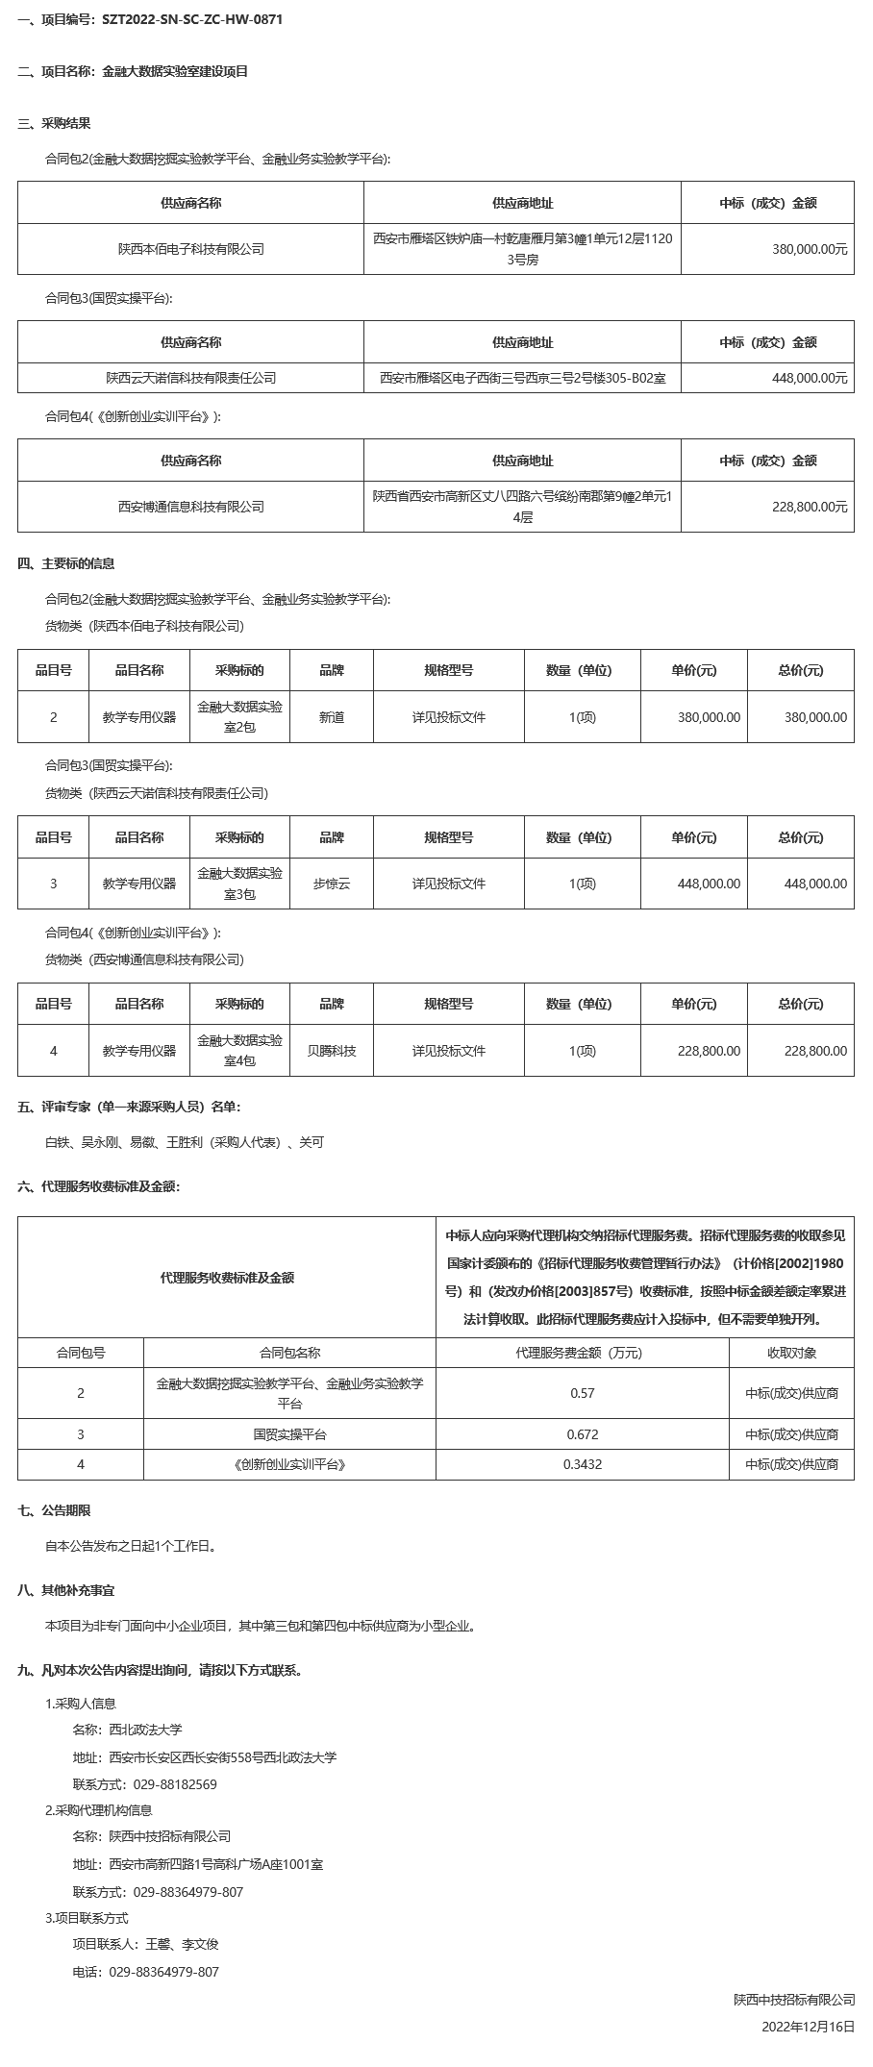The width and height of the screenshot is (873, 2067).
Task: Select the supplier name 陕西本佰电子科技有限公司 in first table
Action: point(190,249)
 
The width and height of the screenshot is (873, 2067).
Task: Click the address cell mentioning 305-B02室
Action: point(522,379)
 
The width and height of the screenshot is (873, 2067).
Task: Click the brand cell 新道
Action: point(332,717)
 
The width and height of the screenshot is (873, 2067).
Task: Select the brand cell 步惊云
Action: point(332,884)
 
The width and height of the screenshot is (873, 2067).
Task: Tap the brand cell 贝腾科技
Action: point(332,1051)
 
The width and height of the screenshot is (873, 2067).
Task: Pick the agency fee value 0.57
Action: point(582,1393)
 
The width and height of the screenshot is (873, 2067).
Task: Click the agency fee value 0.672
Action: point(582,1434)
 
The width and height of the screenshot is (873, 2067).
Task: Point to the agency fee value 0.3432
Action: point(582,1464)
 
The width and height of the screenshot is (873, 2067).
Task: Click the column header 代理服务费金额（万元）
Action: point(582,1353)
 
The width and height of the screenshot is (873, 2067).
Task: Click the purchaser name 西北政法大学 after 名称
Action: point(145,1730)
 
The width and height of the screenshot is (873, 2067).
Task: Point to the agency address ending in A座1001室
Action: point(216,1864)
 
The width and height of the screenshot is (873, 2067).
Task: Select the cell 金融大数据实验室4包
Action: point(239,1051)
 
